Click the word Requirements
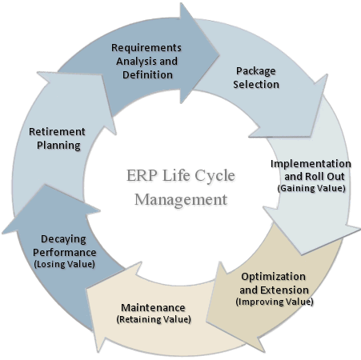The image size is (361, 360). [x=146, y=47]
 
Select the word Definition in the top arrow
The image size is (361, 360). [x=146, y=74]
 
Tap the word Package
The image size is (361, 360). [x=257, y=70]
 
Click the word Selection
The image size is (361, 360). [x=257, y=83]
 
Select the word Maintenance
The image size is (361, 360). [x=153, y=307]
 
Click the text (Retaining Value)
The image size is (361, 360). [x=154, y=319]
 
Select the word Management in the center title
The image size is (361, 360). [x=181, y=198]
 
